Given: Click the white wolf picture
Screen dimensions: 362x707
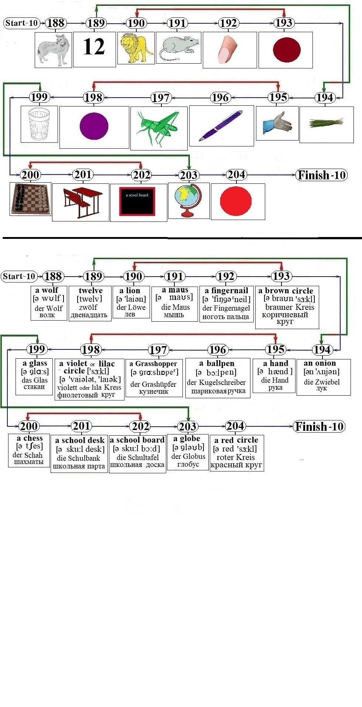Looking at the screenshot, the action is point(53,50).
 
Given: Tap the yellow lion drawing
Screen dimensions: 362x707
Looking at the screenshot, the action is point(136,48).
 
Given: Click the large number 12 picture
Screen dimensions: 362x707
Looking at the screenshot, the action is point(94,47).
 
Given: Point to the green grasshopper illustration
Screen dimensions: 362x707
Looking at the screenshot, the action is point(159,128).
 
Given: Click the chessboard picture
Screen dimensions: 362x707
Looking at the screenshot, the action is point(30,199).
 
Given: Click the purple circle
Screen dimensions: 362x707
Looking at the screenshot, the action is point(94,126).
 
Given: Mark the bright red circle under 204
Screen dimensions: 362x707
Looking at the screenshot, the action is point(236,202).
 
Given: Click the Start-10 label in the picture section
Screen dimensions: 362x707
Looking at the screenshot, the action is point(22,23).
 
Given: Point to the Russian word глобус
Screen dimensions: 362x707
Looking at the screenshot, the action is point(188,464).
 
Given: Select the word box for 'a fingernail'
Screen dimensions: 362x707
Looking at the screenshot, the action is point(226,304).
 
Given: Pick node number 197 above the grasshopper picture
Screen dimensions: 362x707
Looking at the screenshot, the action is point(160,98).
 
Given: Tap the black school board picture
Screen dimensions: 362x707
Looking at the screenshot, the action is point(137,201).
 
